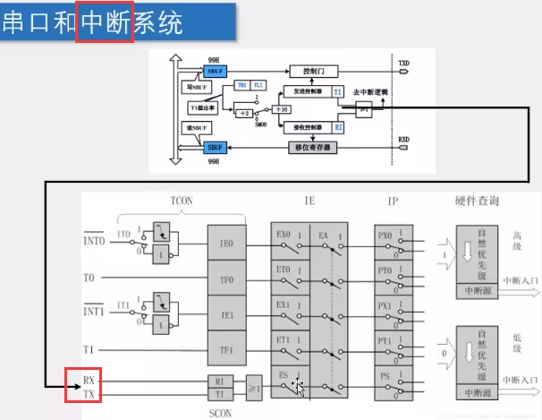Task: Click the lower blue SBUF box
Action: [x=216, y=148]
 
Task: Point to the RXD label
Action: [x=404, y=140]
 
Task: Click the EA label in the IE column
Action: [x=324, y=236]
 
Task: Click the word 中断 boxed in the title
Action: [x=105, y=21]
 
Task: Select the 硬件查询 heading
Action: [x=473, y=201]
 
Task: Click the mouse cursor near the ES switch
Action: [x=298, y=387]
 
